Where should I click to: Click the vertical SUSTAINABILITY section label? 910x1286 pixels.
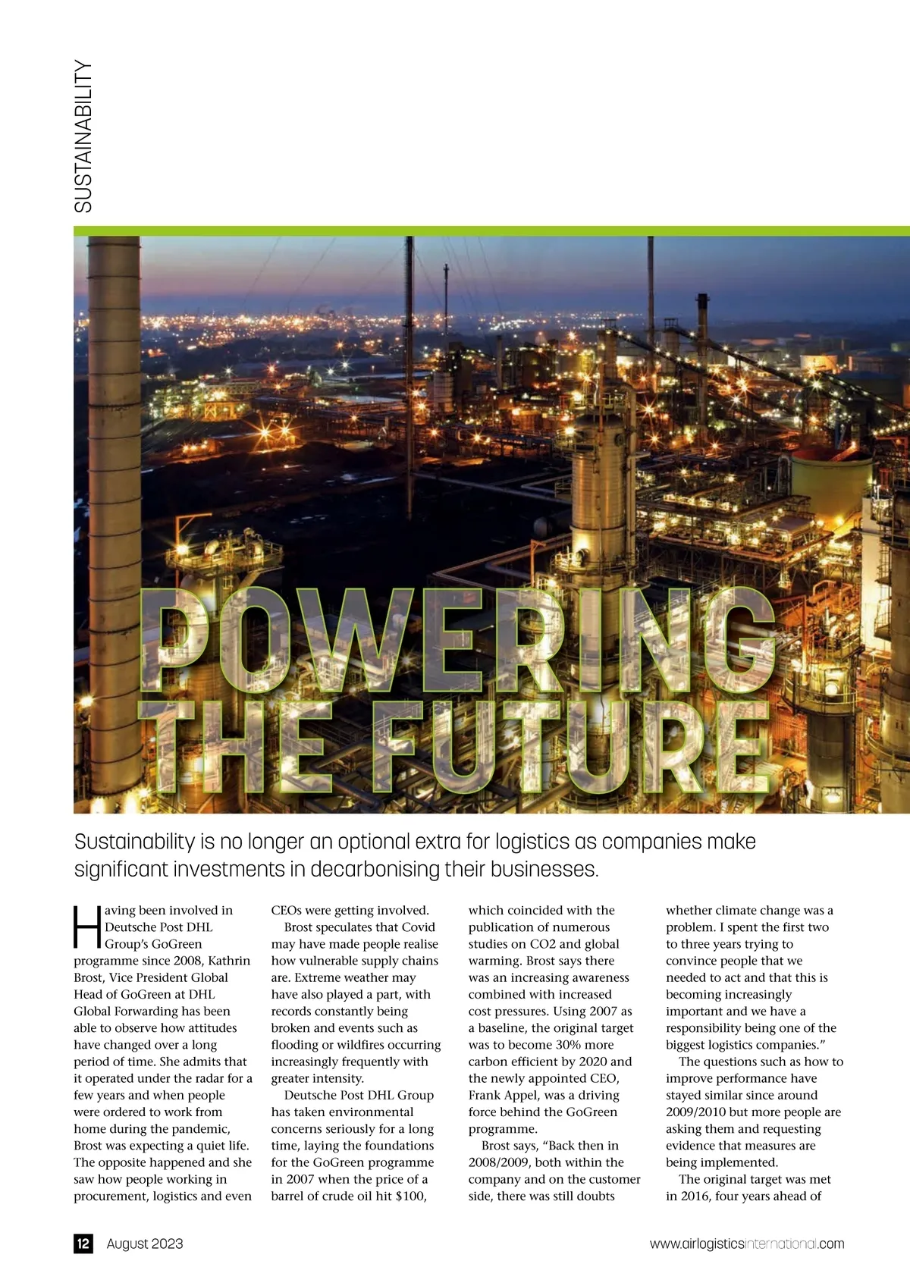pyautogui.click(x=83, y=136)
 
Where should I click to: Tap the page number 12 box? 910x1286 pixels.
pyautogui.click(x=83, y=1244)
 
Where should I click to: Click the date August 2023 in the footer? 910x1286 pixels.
pyautogui.click(x=145, y=1244)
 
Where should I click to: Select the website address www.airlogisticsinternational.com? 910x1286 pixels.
pyautogui.click(x=746, y=1244)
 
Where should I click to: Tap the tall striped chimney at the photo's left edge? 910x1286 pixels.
pyautogui.click(x=112, y=455)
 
